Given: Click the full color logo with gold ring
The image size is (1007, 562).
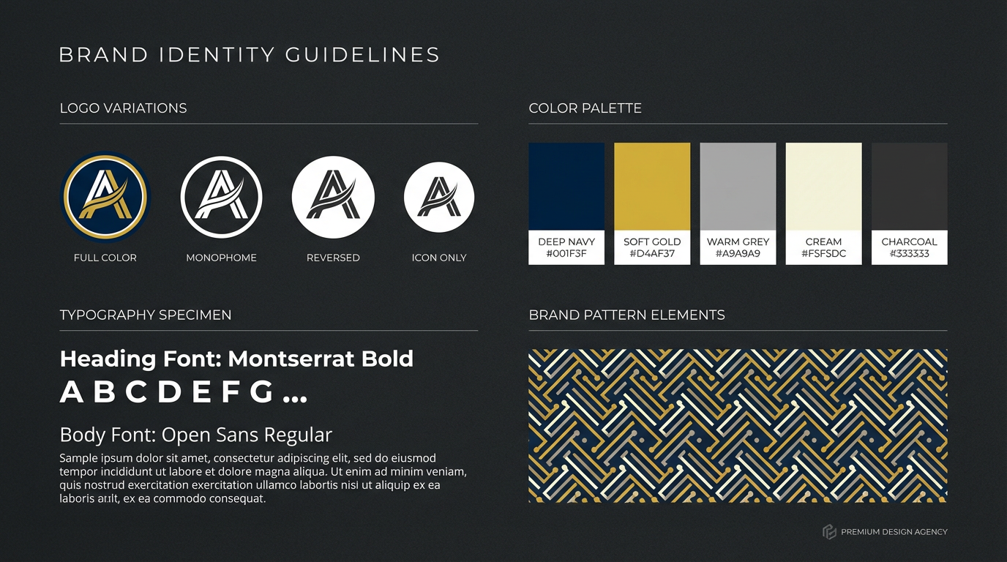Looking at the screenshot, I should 105,196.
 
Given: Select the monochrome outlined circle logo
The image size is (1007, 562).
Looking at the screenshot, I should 221,196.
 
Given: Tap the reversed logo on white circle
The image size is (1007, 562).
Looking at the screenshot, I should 333,197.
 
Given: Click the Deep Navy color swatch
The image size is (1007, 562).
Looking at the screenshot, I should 566,187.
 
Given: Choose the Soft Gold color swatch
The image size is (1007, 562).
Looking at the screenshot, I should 652,187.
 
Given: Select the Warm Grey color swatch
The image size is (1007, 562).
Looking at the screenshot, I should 738,187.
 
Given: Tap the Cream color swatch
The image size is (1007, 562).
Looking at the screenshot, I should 823,187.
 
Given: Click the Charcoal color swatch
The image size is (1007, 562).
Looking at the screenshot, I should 909,187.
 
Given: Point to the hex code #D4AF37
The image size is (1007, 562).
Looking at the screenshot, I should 652,254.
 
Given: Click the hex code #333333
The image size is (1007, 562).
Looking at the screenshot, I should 909,254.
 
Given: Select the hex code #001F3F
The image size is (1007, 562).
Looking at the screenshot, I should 566,254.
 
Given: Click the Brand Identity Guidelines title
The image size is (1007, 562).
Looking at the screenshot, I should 250,55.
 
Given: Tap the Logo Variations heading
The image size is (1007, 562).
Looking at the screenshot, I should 123,108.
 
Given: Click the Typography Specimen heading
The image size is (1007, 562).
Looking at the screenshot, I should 146,315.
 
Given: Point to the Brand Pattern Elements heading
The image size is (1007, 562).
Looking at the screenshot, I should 626,315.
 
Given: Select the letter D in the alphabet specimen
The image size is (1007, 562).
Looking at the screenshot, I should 169,393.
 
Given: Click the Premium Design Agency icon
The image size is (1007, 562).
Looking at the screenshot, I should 829,532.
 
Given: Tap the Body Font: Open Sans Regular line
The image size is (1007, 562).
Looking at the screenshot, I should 196,435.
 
